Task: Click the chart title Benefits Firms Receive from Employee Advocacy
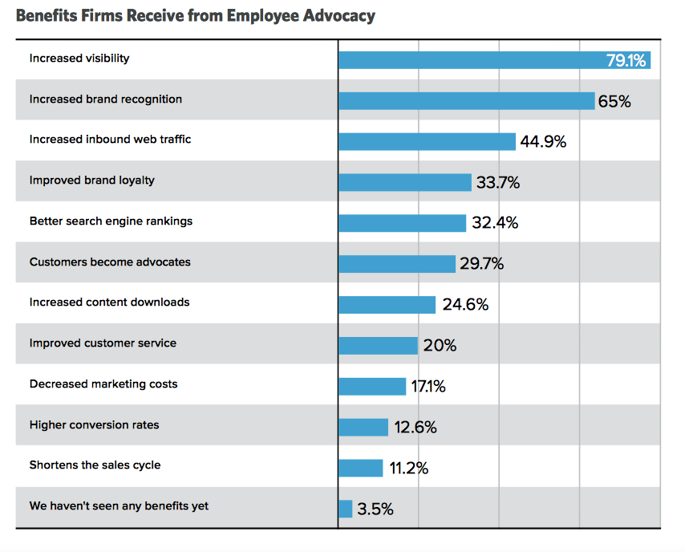tap(195, 15)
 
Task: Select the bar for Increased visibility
tap(473, 60)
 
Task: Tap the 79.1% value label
tap(626, 60)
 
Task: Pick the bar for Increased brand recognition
tap(466, 100)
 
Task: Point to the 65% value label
tap(614, 101)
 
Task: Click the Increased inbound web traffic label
tap(110, 140)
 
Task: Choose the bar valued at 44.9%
tap(427, 142)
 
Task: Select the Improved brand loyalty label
tap(92, 181)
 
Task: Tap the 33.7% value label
tap(498, 183)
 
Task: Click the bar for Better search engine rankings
tap(402, 223)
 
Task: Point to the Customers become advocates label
tap(110, 262)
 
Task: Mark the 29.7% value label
tap(481, 263)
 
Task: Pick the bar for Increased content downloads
tap(387, 305)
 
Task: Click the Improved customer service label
tap(103, 343)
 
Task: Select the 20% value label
tap(440, 346)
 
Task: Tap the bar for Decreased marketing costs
tap(372, 386)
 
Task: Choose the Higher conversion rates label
tap(94, 424)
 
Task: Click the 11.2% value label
tap(409, 468)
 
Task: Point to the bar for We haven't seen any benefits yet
tap(346, 509)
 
